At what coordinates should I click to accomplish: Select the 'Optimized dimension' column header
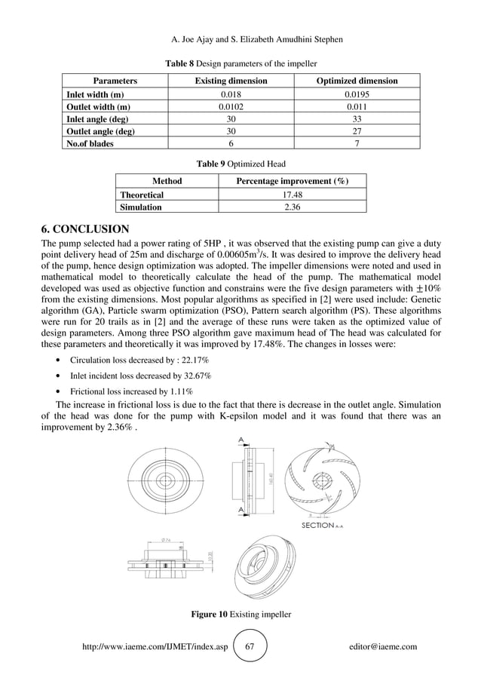coord(357,81)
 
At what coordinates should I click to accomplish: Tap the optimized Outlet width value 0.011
coord(357,106)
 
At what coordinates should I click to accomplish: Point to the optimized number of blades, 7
coord(357,143)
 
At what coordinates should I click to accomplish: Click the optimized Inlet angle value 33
coord(357,119)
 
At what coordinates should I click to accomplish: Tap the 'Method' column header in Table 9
coord(167,181)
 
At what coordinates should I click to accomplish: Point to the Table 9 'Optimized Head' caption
coord(240,164)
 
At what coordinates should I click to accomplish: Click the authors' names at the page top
coord(240,39)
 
